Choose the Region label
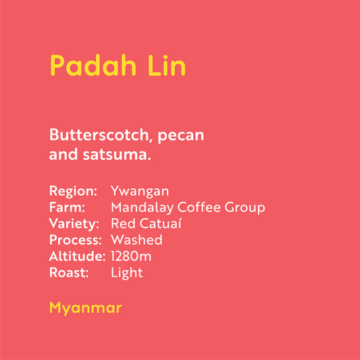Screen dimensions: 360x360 pyautogui.click(x=73, y=191)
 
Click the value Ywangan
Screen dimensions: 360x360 pyautogui.click(x=140, y=191)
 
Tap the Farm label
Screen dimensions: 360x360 pyautogui.click(x=67, y=207)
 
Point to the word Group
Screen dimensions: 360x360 pyautogui.click(x=245, y=207)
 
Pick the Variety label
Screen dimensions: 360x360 pyautogui.click(x=74, y=224)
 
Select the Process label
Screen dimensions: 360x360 pyautogui.click(x=76, y=240)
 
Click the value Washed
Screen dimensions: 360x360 pyautogui.click(x=136, y=240)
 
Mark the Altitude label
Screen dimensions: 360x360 pyautogui.click(x=77, y=256)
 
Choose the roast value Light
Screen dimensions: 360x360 pyautogui.click(x=126, y=273)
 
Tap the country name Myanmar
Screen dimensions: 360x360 pyautogui.click(x=85, y=309)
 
